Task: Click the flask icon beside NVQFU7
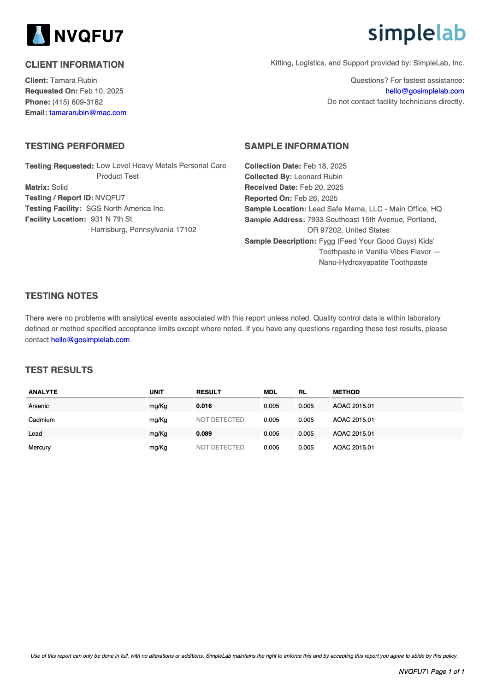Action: point(38,35)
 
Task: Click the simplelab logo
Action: point(417,34)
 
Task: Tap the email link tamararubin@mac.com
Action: point(88,113)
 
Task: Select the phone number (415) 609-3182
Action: point(77,102)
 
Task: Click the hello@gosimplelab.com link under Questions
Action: point(425,91)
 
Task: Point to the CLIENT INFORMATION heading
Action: point(75,64)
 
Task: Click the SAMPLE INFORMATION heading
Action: point(296,146)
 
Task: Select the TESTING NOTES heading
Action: point(61,296)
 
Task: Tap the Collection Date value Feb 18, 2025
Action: point(325,166)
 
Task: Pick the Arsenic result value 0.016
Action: point(204,406)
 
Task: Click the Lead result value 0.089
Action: point(204,433)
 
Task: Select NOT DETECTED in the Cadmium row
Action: point(220,420)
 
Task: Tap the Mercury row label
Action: point(40,447)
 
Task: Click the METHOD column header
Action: point(346,392)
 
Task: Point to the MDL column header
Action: point(270,392)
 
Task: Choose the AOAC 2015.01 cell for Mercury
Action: point(353,447)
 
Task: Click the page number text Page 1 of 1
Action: point(447,671)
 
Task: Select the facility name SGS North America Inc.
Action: point(125,209)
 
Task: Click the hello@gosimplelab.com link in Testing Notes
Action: point(90,340)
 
